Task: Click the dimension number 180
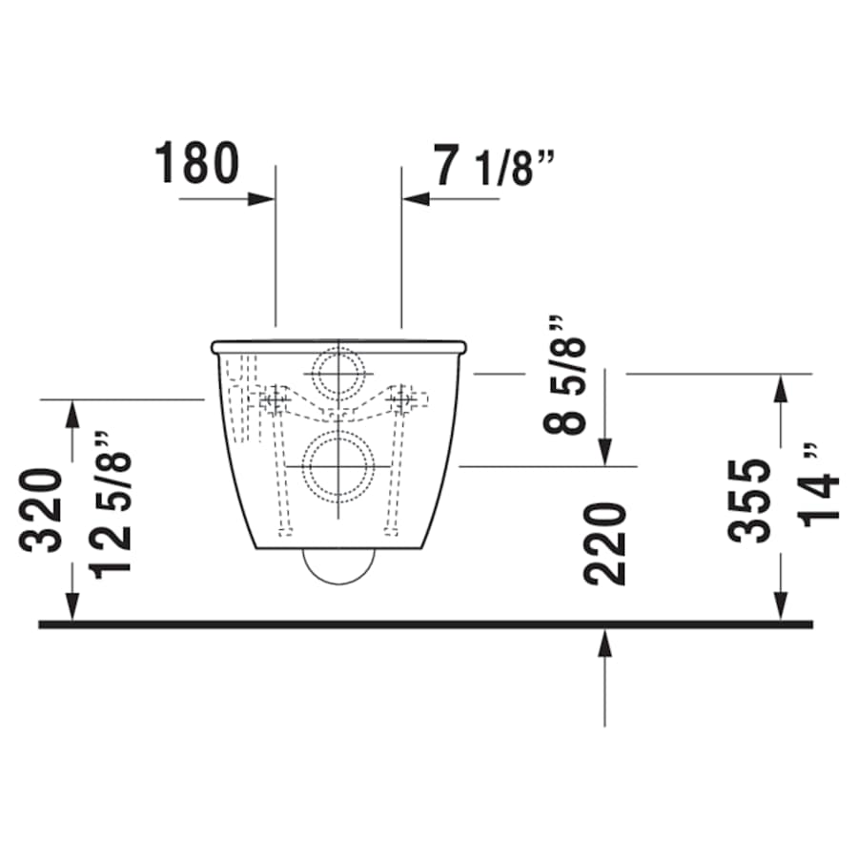197,163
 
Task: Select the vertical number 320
43,510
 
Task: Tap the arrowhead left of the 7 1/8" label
416,199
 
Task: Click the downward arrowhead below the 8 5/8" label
604,452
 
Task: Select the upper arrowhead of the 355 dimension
781,388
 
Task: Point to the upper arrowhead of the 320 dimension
71,414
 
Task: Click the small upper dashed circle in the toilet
337,374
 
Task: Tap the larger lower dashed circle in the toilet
337,466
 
